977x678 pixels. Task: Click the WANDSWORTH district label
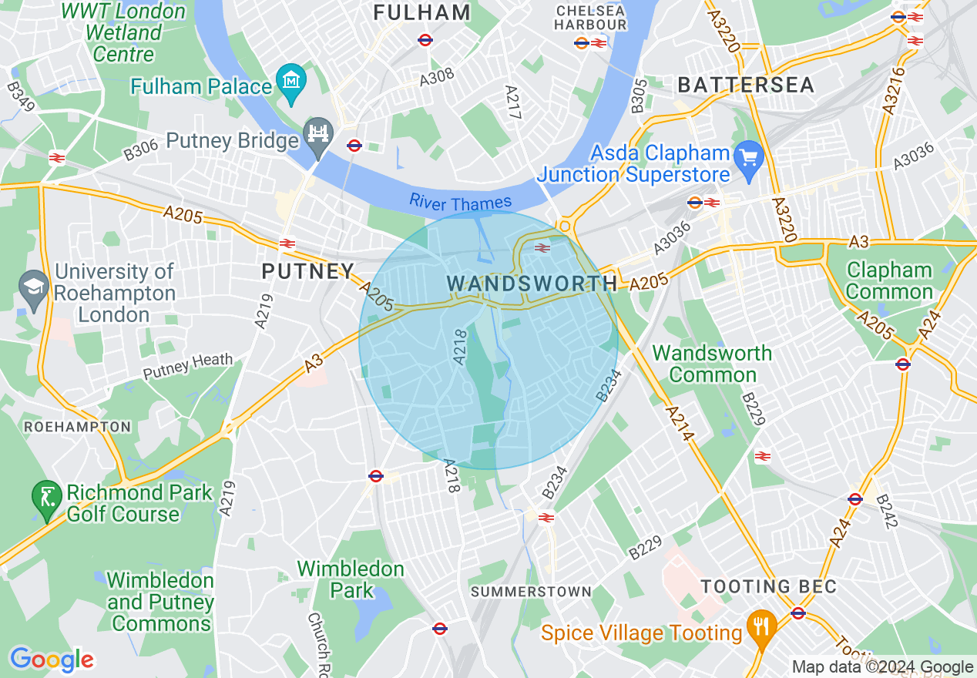pyautogui.click(x=532, y=284)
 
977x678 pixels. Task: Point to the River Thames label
pyautogui.click(x=460, y=203)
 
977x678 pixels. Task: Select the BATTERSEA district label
pyautogui.click(x=746, y=86)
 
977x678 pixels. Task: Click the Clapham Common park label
pyautogui.click(x=889, y=281)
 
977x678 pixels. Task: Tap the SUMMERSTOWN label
pyautogui.click(x=531, y=592)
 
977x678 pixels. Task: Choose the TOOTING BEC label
pyautogui.click(x=768, y=586)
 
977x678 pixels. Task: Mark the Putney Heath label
pyautogui.click(x=187, y=366)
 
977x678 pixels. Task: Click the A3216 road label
pyautogui.click(x=895, y=92)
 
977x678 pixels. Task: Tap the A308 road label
pyautogui.click(x=437, y=77)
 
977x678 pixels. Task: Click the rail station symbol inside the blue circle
pyautogui.click(x=542, y=247)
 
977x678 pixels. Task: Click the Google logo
pyautogui.click(x=52, y=660)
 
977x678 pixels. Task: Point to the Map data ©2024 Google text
pyautogui.click(x=882, y=667)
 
